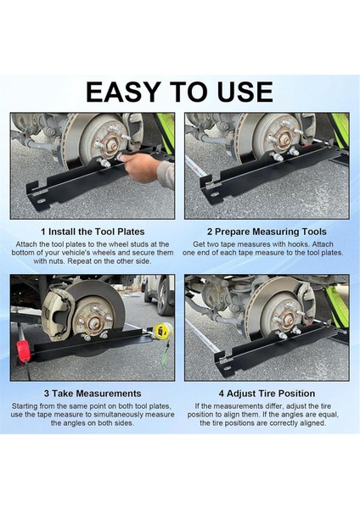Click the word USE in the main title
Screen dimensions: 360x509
click(245, 92)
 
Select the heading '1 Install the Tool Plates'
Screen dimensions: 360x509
click(93, 232)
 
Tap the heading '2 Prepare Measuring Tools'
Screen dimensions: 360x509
click(267, 232)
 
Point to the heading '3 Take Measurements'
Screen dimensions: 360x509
click(93, 394)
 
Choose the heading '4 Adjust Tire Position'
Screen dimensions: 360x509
click(267, 394)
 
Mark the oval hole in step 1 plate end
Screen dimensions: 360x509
click(42, 201)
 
